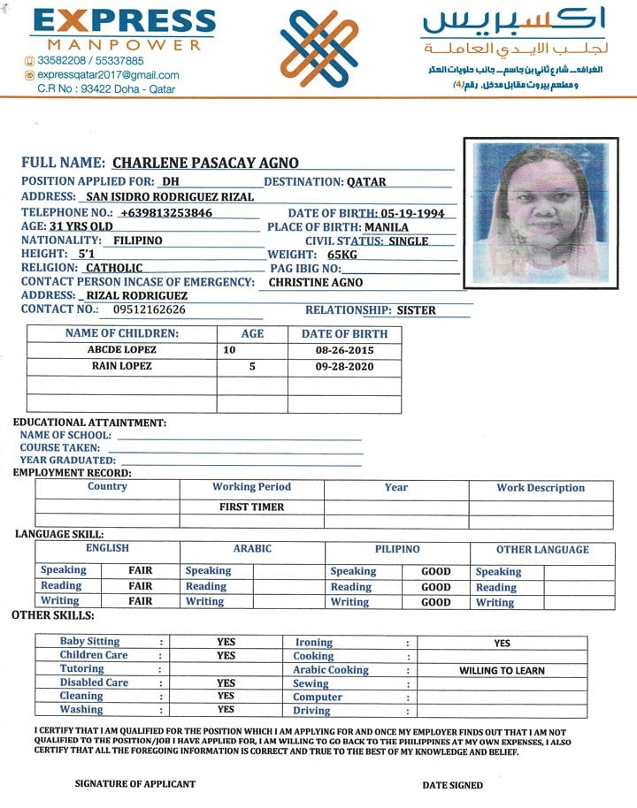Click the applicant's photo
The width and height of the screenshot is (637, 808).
click(x=541, y=211)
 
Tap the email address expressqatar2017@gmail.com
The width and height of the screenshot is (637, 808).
click(x=108, y=75)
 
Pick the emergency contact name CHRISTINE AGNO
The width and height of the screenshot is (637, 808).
click(x=315, y=282)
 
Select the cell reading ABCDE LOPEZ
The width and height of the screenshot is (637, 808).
click(x=121, y=350)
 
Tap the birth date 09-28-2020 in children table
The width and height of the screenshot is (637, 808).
click(x=344, y=365)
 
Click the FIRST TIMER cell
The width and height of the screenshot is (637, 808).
click(x=252, y=507)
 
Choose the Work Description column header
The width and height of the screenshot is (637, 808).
click(x=541, y=487)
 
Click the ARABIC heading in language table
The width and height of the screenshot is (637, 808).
click(x=252, y=549)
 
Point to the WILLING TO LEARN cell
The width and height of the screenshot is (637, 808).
click(x=502, y=670)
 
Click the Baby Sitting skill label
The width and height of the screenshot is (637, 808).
click(x=89, y=641)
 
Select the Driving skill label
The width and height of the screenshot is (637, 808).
click(x=311, y=711)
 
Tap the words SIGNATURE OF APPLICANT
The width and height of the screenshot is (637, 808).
click(x=135, y=784)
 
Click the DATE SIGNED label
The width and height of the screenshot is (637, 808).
click(x=453, y=785)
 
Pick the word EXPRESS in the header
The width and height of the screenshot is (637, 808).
click(x=123, y=21)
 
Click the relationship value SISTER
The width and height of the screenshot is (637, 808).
click(x=417, y=310)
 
